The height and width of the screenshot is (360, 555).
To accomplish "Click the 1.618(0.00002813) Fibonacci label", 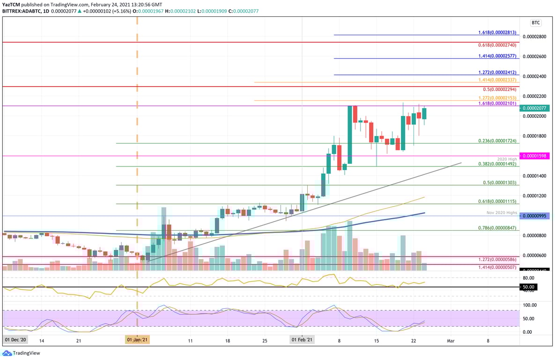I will [x=497, y=32].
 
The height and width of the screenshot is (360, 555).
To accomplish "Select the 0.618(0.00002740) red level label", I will [x=497, y=45].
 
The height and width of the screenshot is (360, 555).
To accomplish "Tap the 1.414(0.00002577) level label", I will [x=497, y=56].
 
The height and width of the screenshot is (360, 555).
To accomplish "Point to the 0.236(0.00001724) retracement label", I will [x=497, y=141].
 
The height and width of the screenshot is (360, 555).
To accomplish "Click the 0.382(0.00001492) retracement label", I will [x=497, y=164].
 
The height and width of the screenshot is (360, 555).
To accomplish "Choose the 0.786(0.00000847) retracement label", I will [x=497, y=228].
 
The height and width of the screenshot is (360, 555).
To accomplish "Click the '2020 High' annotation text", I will [x=507, y=159].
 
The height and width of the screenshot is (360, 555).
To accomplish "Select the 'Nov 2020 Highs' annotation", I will [x=501, y=212].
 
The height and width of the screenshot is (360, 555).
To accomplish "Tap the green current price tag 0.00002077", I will [x=536, y=108].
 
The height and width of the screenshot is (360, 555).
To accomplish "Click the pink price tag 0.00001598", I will [x=536, y=156].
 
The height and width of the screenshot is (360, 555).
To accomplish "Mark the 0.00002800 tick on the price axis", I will [x=534, y=37].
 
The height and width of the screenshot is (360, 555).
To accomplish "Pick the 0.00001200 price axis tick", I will [x=534, y=195].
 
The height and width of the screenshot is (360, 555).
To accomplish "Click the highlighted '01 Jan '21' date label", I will [x=137, y=340].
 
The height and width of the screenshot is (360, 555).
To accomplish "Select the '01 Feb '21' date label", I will [x=302, y=340].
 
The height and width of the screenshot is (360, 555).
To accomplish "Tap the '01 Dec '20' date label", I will [x=16, y=340].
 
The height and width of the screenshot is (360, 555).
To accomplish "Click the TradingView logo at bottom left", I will [x=22, y=353].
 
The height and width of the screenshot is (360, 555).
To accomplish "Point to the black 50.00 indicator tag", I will [x=530, y=287].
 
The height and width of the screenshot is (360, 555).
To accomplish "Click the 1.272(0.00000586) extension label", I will [x=497, y=259].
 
